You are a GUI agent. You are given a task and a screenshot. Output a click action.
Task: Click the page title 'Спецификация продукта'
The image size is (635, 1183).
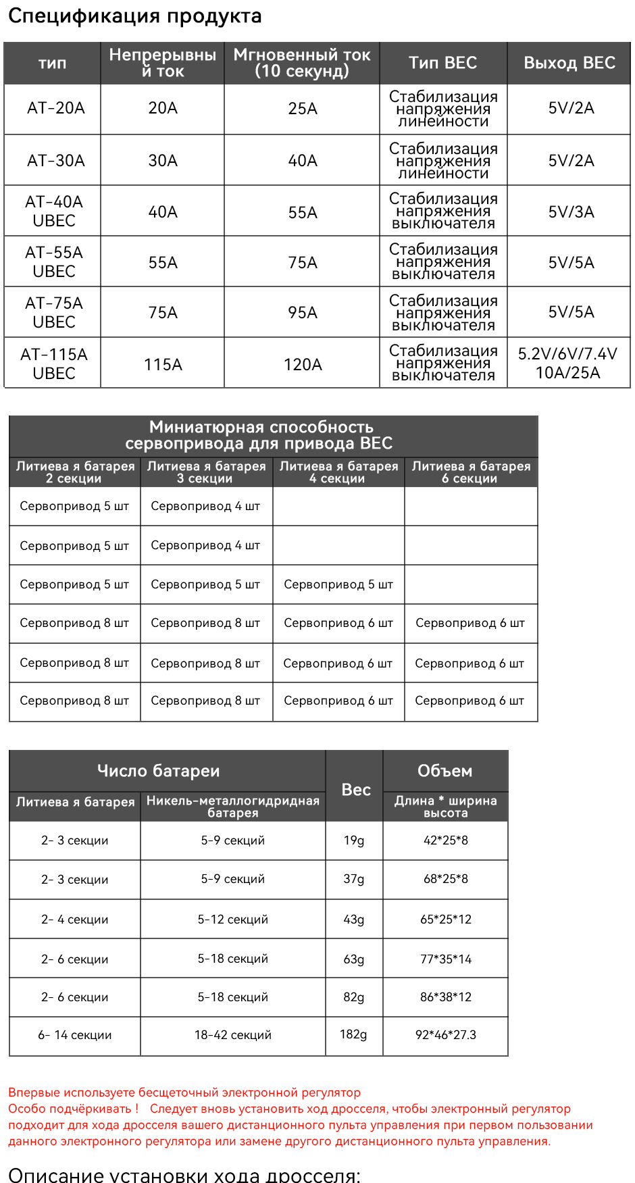pos(134,16)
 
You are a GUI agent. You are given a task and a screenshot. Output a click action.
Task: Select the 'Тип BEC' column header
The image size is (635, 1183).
pos(442,63)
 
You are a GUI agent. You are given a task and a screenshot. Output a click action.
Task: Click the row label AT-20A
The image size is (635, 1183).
pos(55,108)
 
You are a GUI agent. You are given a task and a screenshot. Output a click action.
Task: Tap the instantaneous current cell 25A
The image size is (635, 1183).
pos(302,109)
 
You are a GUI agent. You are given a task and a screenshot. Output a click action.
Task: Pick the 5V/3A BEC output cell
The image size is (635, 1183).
pos(571,212)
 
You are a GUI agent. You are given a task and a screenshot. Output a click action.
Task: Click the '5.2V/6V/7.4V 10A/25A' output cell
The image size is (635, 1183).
pos(567,363)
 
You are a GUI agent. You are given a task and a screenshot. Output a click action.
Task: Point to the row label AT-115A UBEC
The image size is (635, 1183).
pos(54,363)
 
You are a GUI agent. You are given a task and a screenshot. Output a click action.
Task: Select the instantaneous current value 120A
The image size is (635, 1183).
pos(302,365)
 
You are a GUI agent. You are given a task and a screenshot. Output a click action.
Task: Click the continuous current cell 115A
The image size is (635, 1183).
pos(163,365)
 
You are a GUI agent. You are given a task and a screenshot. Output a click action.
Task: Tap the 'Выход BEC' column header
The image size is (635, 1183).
pos(569,63)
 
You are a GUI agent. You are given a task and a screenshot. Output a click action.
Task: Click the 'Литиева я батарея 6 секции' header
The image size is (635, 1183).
pos(471,472)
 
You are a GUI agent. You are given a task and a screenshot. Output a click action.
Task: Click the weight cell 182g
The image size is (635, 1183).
pos(353,1034)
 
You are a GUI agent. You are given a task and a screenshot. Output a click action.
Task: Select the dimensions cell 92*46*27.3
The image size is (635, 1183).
pos(445,1035)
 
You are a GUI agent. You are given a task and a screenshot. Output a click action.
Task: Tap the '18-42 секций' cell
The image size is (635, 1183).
pos(232,1035)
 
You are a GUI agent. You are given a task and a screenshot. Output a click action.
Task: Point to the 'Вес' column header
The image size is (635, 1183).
pos(355,789)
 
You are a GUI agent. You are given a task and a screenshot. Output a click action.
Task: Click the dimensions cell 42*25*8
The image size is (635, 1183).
pos(445,840)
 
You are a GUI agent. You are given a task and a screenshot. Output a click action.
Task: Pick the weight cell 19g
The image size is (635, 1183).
pos(353,840)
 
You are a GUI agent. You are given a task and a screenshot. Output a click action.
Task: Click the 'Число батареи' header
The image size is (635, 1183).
pos(158,771)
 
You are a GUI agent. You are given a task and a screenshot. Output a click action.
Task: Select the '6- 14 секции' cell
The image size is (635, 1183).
pos(74,1035)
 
